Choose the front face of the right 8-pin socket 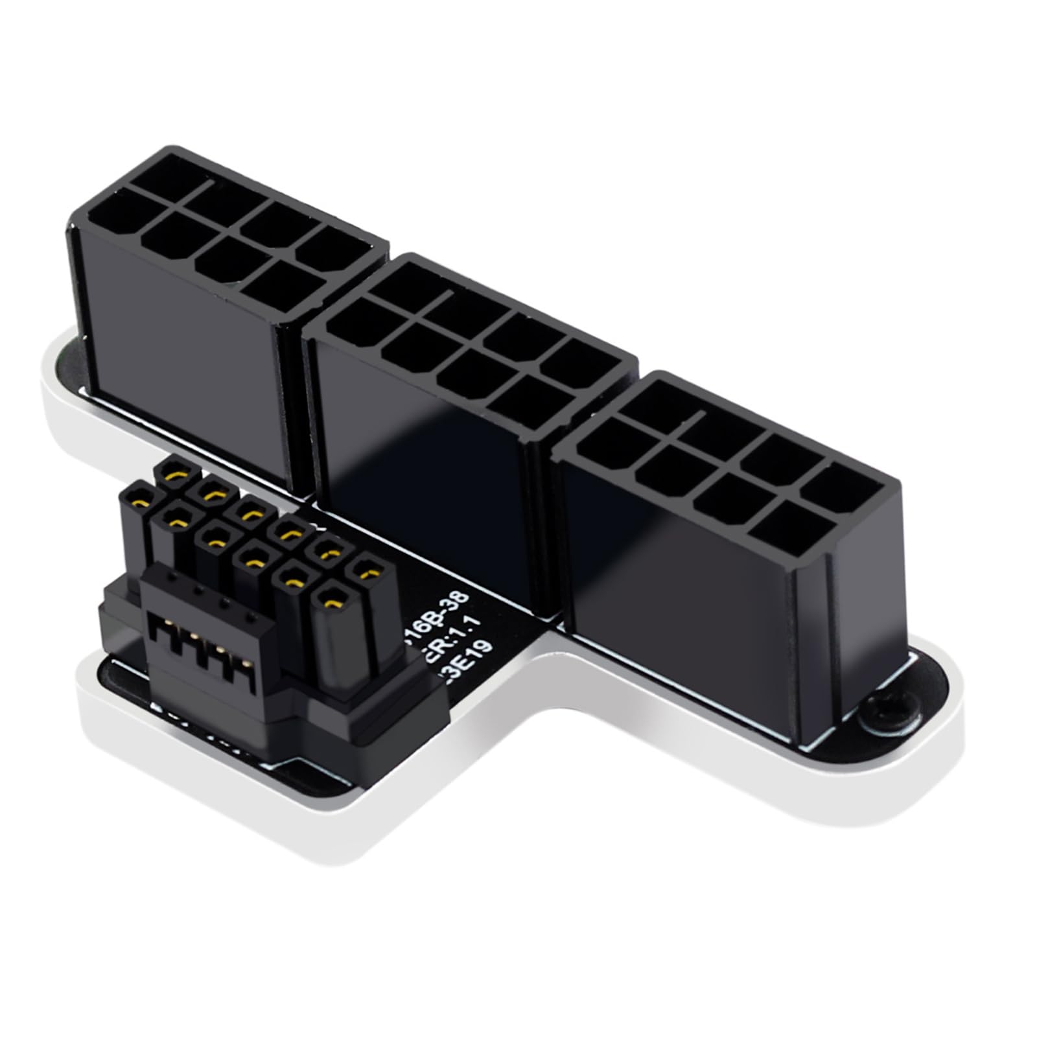tap(681, 616)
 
